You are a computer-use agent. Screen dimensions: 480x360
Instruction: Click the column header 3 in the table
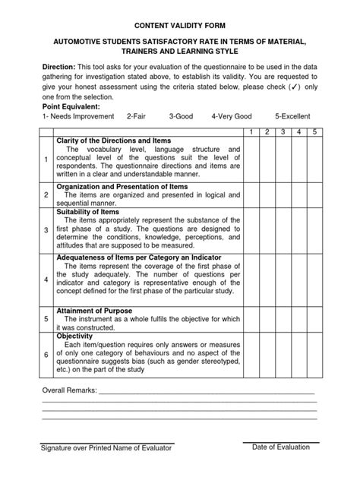click(281, 132)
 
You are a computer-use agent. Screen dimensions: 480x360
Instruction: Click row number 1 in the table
click(46, 159)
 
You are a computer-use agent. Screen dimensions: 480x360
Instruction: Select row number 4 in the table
click(46, 279)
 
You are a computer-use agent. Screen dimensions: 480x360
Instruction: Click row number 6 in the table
click(46, 355)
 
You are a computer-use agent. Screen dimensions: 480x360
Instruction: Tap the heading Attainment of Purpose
click(94, 311)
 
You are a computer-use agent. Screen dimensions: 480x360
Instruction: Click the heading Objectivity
click(74, 335)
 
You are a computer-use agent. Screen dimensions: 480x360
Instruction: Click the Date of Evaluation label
click(281, 447)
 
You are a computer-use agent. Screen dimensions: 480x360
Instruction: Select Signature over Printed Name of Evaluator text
click(106, 448)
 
